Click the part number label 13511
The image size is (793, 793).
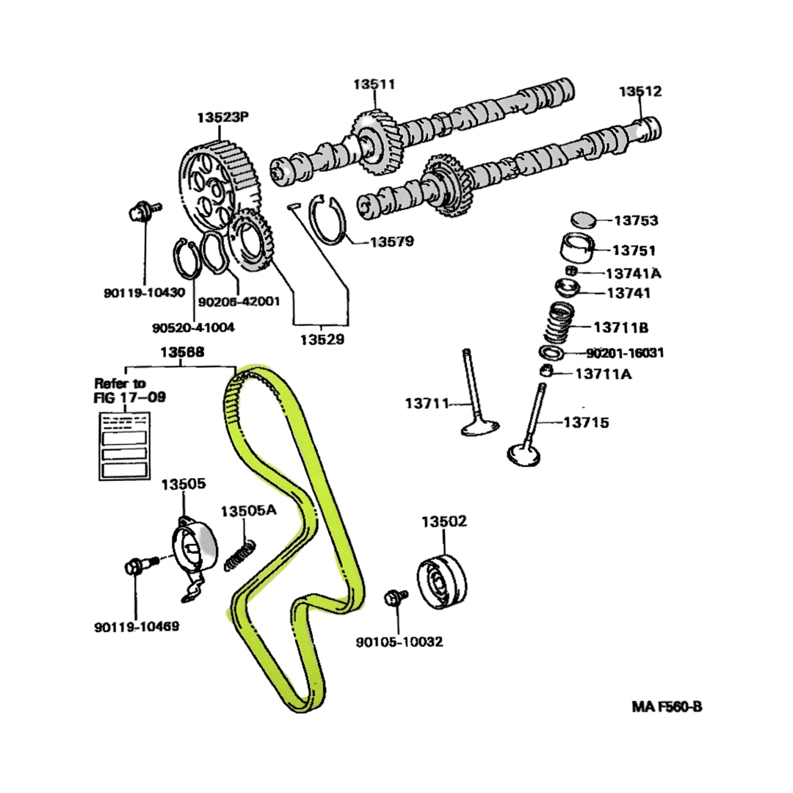pos(374,84)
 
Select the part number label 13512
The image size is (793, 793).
pos(640,92)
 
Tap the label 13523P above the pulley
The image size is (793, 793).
pos(223,117)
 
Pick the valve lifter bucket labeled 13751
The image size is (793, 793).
pos(578,249)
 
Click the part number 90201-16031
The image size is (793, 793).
pos(625,353)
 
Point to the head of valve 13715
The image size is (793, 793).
pos(524,452)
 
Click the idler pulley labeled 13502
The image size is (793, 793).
pos(442,579)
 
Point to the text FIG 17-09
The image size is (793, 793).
pos(129,397)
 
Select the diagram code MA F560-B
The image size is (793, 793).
pos(667,707)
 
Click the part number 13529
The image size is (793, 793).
pos(322,340)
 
